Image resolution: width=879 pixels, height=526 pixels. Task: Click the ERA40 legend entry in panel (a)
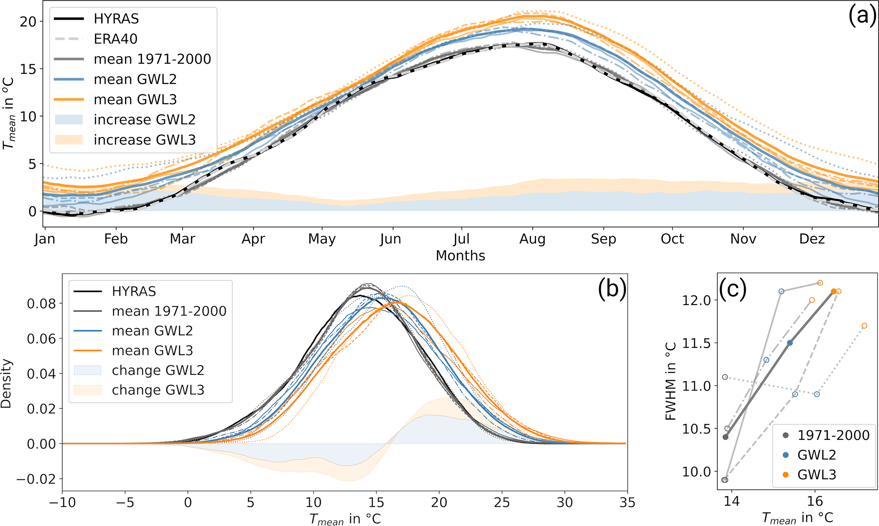coord(115,39)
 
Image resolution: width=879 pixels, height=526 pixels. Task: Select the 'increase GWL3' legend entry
coord(144,140)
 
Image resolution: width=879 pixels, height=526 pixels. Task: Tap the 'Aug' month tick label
coord(532,239)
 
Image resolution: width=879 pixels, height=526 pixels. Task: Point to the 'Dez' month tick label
coord(812,239)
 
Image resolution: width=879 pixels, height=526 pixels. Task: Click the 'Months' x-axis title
coord(460,256)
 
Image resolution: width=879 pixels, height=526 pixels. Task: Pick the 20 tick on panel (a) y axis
coord(28,21)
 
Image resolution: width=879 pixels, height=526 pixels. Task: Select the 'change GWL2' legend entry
coord(158,370)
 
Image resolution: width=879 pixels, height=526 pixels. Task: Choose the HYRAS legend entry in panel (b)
coord(134,291)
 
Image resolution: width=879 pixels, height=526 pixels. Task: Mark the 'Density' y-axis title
coord(6,384)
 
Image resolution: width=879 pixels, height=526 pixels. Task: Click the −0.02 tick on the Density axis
coord(36,479)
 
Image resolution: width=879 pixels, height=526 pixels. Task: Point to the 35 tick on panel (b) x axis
coord(627,503)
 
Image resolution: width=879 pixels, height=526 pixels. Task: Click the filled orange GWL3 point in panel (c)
coord(833,291)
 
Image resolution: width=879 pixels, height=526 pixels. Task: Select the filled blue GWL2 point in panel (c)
coord(790,343)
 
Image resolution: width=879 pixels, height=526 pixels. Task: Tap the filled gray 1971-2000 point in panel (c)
coord(725,437)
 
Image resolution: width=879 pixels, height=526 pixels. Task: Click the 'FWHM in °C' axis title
coord(671,381)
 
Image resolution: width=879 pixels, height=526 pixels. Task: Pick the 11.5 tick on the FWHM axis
coord(696,343)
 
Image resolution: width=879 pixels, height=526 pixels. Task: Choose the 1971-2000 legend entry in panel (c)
coord(833,436)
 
